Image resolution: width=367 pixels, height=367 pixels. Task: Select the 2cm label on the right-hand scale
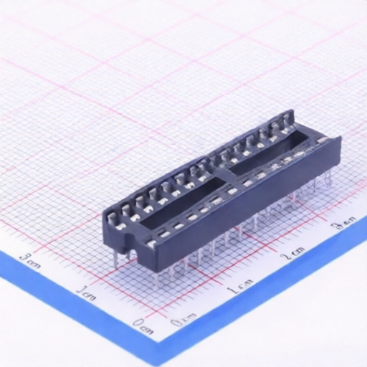[292, 254]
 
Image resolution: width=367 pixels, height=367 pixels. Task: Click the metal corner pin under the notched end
[115, 256]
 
